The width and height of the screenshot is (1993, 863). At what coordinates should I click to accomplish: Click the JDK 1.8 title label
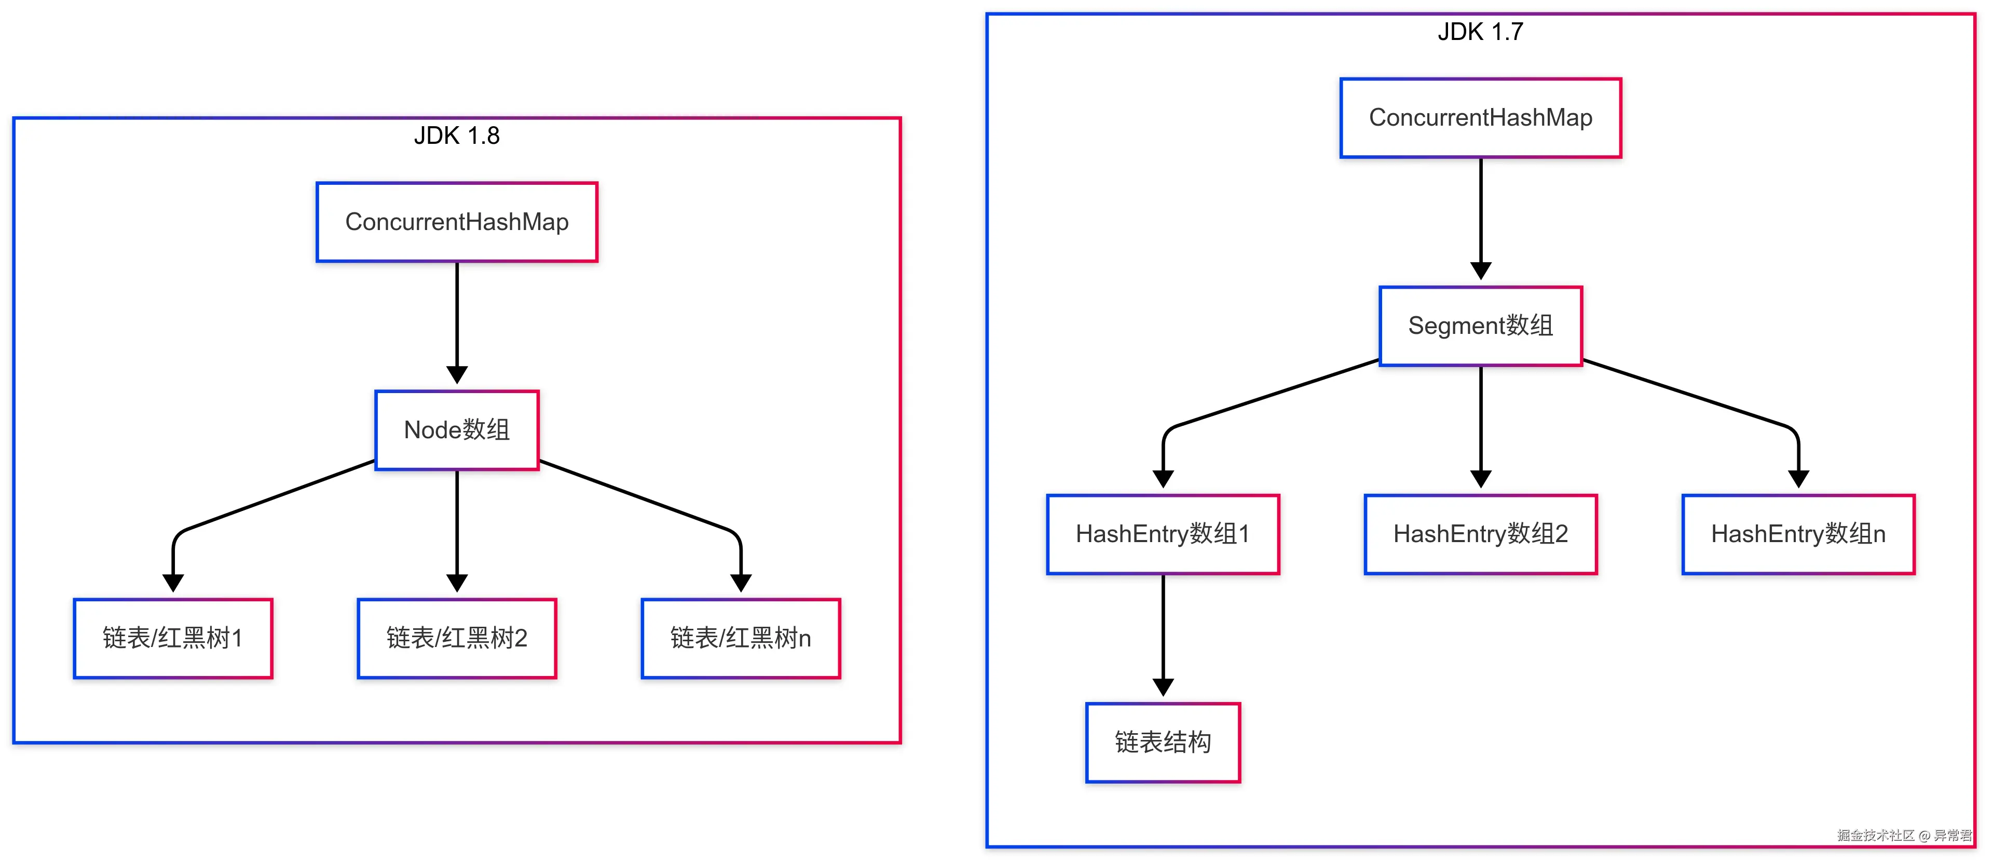pos(457,136)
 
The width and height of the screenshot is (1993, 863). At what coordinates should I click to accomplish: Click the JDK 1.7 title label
pos(1480,32)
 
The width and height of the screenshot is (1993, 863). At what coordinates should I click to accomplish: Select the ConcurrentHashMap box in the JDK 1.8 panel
pos(457,222)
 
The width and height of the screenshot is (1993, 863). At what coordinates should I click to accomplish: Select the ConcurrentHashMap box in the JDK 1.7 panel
pos(1480,118)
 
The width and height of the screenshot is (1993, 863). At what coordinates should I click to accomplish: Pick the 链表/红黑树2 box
pos(457,639)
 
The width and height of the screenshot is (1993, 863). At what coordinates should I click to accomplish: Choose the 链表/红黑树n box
pos(741,639)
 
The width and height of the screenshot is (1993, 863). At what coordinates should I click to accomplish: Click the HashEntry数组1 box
pos(1162,534)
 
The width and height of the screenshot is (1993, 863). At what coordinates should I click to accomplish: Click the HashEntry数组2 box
pos(1480,534)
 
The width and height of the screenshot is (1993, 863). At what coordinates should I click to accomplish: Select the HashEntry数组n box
pos(1798,534)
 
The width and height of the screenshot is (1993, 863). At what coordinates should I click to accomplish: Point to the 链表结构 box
pos(1162,742)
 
